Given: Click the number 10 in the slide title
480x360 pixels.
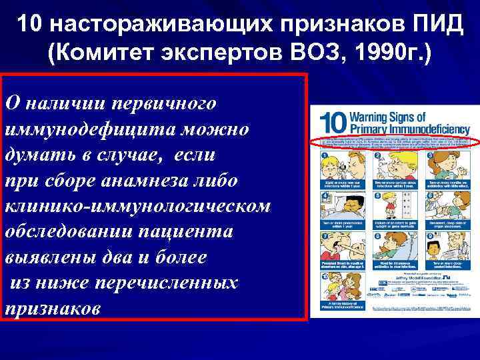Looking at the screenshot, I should pos(30,25).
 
